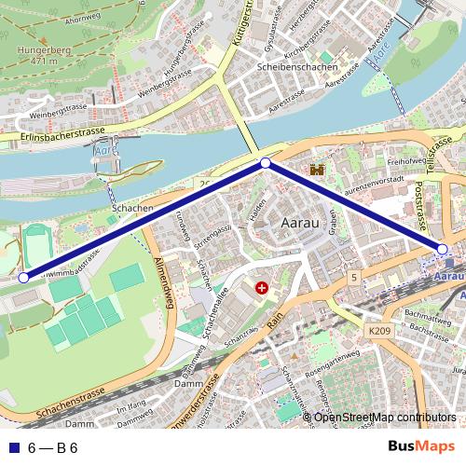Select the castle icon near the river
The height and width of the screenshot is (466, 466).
point(317,171)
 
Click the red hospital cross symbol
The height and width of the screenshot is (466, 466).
point(261,289)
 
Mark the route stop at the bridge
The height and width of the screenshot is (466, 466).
point(266,163)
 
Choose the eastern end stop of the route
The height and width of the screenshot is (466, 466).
point(442,248)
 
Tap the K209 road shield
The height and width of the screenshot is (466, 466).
point(378,331)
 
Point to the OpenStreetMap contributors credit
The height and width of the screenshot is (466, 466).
point(385,417)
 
